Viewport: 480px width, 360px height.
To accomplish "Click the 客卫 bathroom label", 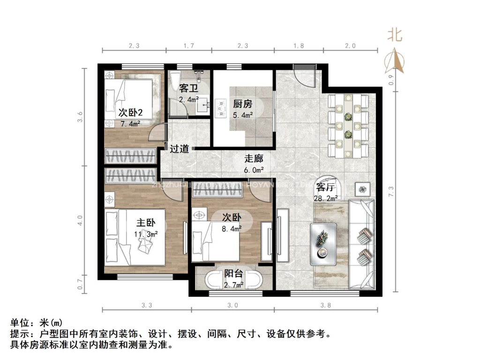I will (189, 88).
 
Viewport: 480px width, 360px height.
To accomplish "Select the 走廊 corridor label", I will (254, 158).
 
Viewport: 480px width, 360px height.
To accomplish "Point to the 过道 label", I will (179, 149).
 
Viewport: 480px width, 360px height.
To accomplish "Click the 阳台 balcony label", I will (233, 274).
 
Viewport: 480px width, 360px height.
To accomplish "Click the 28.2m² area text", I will (326, 198).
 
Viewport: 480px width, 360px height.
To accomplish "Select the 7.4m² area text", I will (130, 124).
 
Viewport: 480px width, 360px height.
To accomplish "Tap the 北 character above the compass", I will (394, 35).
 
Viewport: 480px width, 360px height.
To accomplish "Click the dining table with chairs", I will (348, 125).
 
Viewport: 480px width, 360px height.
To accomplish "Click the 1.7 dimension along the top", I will (188, 46).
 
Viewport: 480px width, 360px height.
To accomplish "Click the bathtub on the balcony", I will (233, 280).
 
